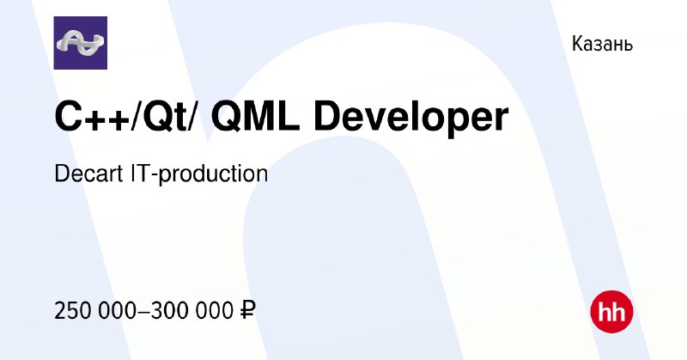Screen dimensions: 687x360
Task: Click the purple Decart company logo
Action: coord(80,43)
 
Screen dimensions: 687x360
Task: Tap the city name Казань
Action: coord(602,44)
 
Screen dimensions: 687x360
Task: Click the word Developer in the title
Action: coord(410,118)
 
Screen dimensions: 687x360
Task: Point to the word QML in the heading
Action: coord(256,117)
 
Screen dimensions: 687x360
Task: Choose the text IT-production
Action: coord(198,174)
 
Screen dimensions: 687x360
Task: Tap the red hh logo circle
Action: coord(611,312)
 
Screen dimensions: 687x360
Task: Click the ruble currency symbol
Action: coord(247,311)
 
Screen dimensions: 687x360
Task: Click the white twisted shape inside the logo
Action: coord(81,44)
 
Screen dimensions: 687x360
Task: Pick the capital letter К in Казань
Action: coord(577,44)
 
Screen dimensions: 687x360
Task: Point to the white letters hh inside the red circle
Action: coord(611,312)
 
